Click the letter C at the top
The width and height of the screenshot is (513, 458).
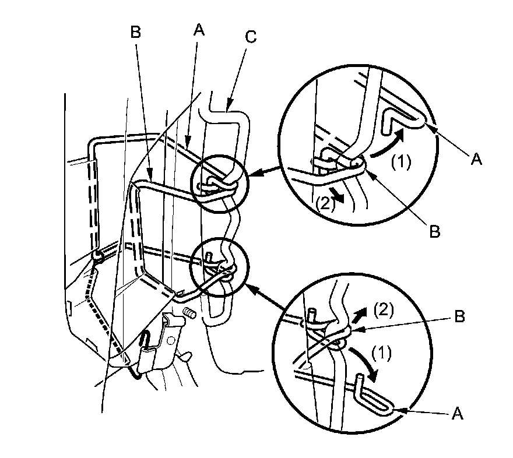click(251, 37)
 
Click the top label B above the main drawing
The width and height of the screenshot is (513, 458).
click(135, 33)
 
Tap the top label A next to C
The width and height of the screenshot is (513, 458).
click(199, 30)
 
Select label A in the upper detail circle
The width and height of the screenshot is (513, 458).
click(476, 159)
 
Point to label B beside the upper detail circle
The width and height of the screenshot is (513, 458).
click(435, 231)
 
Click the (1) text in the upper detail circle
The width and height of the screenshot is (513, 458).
click(402, 161)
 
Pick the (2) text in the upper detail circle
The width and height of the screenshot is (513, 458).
click(325, 203)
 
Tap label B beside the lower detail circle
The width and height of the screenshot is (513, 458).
click(460, 316)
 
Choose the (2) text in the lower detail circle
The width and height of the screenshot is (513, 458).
click(384, 309)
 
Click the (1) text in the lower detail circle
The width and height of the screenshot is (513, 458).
click(381, 354)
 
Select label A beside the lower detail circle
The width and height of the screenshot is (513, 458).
click(458, 413)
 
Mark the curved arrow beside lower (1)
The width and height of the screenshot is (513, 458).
click(366, 363)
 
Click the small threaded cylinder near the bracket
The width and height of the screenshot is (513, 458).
click(189, 313)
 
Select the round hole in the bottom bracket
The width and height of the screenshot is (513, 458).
click(170, 341)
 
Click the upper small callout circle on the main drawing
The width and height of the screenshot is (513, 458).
click(220, 184)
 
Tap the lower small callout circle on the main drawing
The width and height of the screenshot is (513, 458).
click(220, 267)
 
